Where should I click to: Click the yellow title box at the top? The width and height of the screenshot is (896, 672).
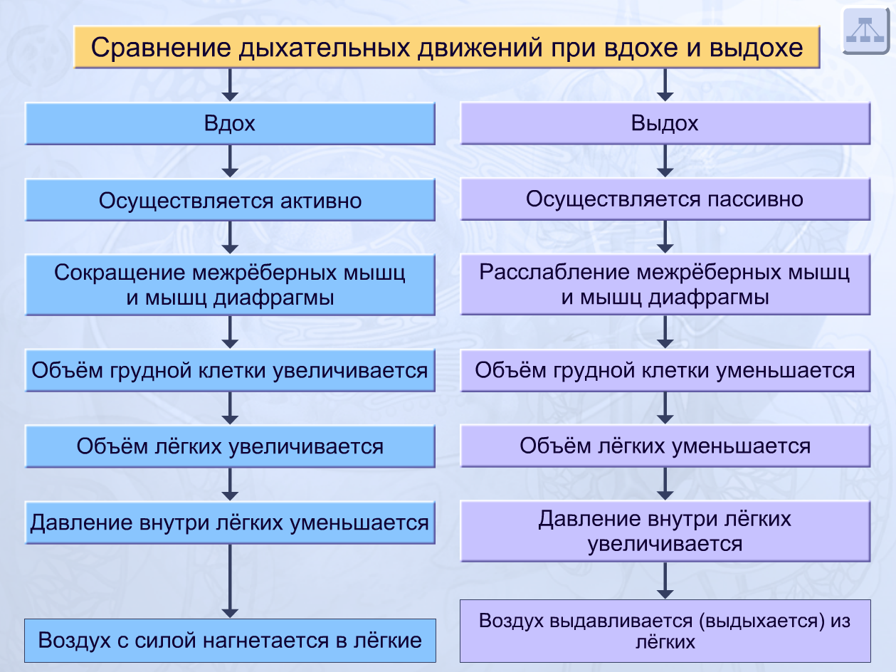(447, 47)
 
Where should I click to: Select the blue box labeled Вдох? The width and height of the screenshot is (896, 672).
(230, 124)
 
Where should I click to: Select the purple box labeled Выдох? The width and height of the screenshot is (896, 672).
(665, 124)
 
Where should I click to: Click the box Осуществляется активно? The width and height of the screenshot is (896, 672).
(230, 200)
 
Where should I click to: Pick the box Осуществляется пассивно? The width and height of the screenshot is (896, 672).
(665, 199)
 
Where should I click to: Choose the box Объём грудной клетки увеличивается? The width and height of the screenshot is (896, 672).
(230, 370)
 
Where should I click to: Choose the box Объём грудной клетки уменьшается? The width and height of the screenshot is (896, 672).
(665, 370)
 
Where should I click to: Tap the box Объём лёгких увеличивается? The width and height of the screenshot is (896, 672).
(230, 446)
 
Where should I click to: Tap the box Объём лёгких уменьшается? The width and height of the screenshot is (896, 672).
(665, 446)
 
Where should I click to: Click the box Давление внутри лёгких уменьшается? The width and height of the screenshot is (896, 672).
(230, 523)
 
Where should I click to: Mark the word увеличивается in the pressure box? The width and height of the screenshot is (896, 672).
(665, 545)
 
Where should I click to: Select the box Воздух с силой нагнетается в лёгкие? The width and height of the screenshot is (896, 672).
(230, 640)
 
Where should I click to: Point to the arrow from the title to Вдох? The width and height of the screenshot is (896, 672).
(230, 85)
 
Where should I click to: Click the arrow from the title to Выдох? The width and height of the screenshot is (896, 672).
(665, 85)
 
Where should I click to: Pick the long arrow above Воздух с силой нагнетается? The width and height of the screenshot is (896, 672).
(230, 581)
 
